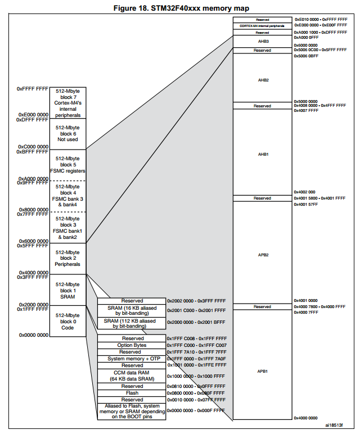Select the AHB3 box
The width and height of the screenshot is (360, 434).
tap(263, 41)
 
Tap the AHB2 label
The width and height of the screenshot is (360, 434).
tap(263, 80)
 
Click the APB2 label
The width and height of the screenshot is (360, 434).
tap(263, 254)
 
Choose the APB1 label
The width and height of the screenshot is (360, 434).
tap(263, 371)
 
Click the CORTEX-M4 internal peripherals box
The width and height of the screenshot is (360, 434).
tap(263, 26)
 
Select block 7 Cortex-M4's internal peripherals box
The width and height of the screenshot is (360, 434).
tap(67, 102)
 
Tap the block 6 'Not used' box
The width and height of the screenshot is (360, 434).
tap(67, 134)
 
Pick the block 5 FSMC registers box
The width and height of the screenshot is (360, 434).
tap(67, 165)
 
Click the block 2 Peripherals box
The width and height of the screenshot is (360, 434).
tap(67, 259)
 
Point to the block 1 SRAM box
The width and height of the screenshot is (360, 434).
tap(67, 290)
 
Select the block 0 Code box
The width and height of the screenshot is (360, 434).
tap(67, 321)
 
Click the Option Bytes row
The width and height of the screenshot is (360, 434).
tap(132, 345)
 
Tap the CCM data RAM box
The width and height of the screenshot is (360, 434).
tap(132, 376)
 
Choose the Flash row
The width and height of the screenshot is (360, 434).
tap(132, 393)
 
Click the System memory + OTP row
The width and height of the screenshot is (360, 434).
tap(132, 359)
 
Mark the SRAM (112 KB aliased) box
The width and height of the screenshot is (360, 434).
tap(132, 323)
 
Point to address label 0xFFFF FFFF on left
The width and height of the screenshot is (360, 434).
tap(33, 89)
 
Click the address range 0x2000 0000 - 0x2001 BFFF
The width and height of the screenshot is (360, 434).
tap(196, 323)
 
